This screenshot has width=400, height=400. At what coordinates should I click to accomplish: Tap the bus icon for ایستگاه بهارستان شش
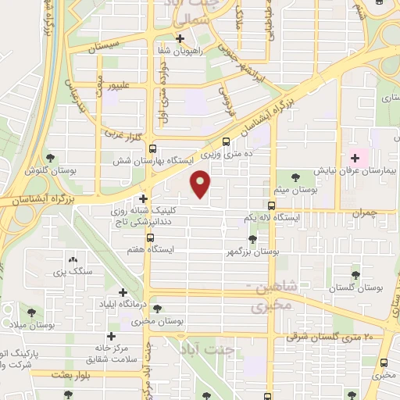(152, 148)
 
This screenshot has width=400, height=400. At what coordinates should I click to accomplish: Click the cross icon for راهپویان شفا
(180, 38)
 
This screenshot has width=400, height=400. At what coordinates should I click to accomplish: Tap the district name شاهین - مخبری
(272, 298)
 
